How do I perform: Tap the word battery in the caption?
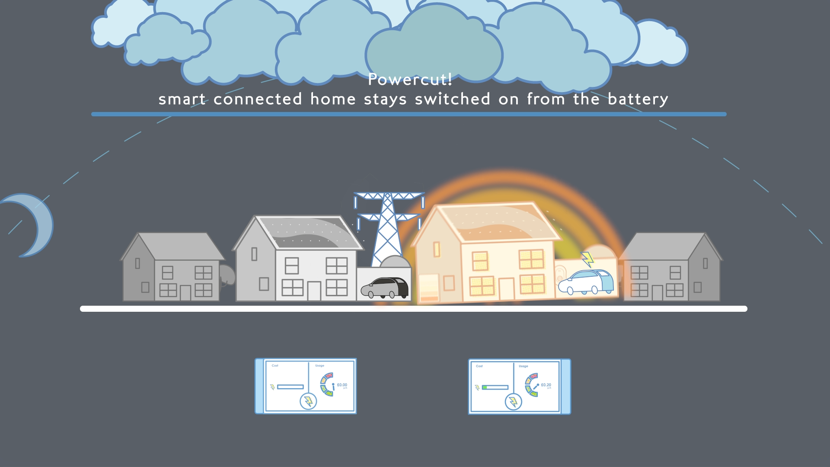[x=638, y=99]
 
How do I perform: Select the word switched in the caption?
[x=453, y=99]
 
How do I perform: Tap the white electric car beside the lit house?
[x=586, y=282]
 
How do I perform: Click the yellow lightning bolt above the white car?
[x=587, y=259]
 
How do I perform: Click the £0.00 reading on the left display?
[x=342, y=385]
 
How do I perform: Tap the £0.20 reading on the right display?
[x=546, y=385]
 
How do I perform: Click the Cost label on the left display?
[x=275, y=366]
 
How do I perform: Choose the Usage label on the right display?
[x=524, y=366]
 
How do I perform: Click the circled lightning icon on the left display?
[x=308, y=401]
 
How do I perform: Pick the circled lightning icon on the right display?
[x=513, y=402]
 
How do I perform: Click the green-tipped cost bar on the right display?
[x=495, y=387]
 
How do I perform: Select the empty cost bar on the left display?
[x=290, y=387]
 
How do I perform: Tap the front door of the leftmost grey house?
[x=185, y=293]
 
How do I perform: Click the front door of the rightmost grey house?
[x=657, y=293]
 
